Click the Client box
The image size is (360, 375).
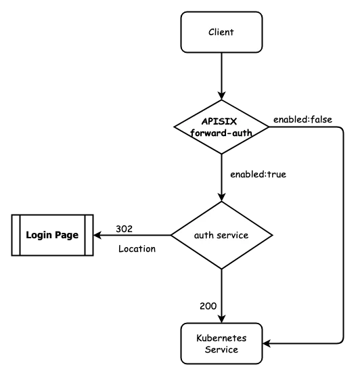click(221, 32)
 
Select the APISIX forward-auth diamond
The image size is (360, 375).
click(221, 127)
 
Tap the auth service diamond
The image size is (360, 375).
click(221, 235)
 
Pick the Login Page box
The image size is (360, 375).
click(52, 235)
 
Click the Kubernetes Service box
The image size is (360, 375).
click(221, 343)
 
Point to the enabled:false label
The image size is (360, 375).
click(302, 119)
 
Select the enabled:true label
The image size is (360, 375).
click(258, 175)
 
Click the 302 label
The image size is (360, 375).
click(124, 229)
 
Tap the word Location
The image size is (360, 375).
click(137, 248)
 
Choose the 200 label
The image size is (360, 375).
click(208, 306)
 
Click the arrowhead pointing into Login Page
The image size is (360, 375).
click(97, 235)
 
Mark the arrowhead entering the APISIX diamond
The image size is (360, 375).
click(221, 95)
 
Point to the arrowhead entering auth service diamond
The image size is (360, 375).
click(221, 197)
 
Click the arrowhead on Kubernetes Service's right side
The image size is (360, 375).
click(267, 343)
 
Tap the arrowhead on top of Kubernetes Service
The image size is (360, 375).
click(221, 319)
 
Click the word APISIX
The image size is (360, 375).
click(219, 121)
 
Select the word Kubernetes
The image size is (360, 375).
click(221, 338)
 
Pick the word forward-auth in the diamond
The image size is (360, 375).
click(221, 133)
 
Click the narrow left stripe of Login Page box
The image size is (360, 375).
click(16, 235)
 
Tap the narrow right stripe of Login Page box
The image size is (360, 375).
click(89, 235)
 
